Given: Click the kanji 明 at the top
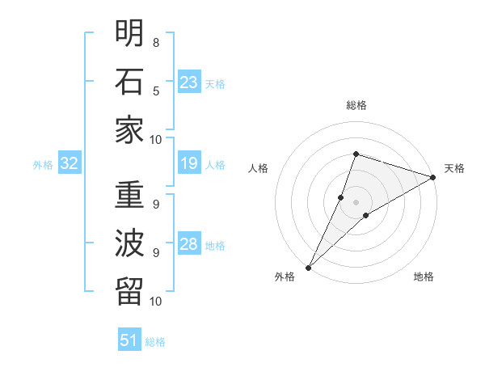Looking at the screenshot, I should pos(129,33).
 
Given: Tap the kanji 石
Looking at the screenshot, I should pos(129,82).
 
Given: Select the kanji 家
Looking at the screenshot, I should pos(129,130).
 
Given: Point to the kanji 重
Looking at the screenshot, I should pos(129,196).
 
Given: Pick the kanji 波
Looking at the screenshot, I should pos(129,244).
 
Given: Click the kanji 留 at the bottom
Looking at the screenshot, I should pos(129,292).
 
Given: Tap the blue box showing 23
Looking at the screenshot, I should pos(189,82).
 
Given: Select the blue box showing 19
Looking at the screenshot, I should pos(189,164).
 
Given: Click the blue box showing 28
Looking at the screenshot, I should pos(189,245).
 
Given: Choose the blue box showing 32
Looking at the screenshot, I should pos(70,164).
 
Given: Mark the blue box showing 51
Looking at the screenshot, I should pos(129,340).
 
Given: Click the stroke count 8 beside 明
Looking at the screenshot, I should pos(155,42).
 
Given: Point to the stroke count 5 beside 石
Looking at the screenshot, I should pos(155,91).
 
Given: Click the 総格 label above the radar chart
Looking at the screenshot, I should pos(356,105).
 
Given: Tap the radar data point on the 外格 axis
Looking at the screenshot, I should pos(308,267).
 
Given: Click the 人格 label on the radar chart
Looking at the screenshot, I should pos(259,168).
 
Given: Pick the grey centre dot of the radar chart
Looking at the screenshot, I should pos(356,202).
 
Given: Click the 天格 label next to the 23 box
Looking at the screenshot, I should pos(215,83).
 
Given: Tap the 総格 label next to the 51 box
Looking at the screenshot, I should pos(155,342).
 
